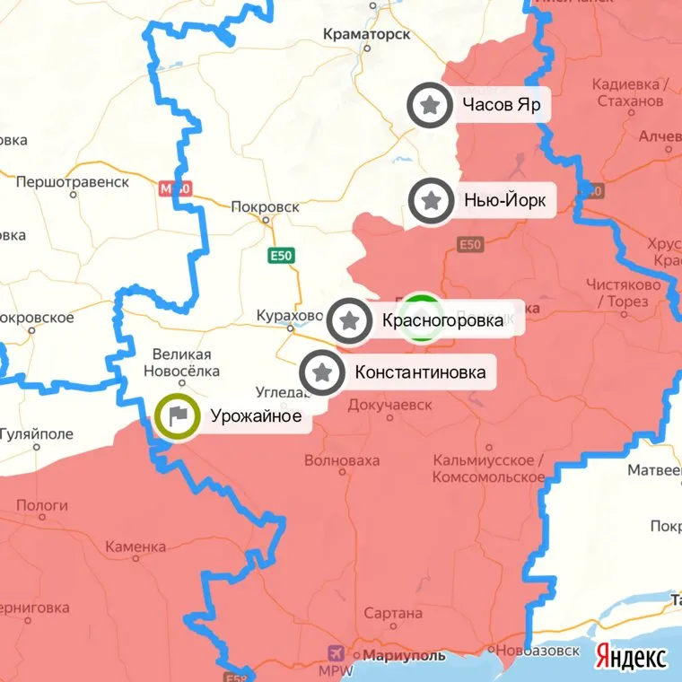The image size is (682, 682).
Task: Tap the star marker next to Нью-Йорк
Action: coord(432,201)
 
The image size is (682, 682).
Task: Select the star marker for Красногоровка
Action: coord(350,320)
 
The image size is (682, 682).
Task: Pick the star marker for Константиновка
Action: coord(322,372)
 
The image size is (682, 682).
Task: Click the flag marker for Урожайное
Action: coord(178,416)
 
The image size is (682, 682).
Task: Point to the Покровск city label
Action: coord(265,206)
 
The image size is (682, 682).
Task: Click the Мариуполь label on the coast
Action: coord(403,656)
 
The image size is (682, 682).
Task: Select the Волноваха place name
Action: coord(342,461)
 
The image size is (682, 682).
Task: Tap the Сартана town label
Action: coord(393,614)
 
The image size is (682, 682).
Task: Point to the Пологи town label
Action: coord(42,506)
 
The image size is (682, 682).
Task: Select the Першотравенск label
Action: coord(73,182)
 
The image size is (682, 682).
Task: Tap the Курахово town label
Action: coord(289,316)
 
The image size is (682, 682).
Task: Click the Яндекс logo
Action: coord(632,657)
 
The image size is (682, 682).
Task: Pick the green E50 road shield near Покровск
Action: coord(282,256)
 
